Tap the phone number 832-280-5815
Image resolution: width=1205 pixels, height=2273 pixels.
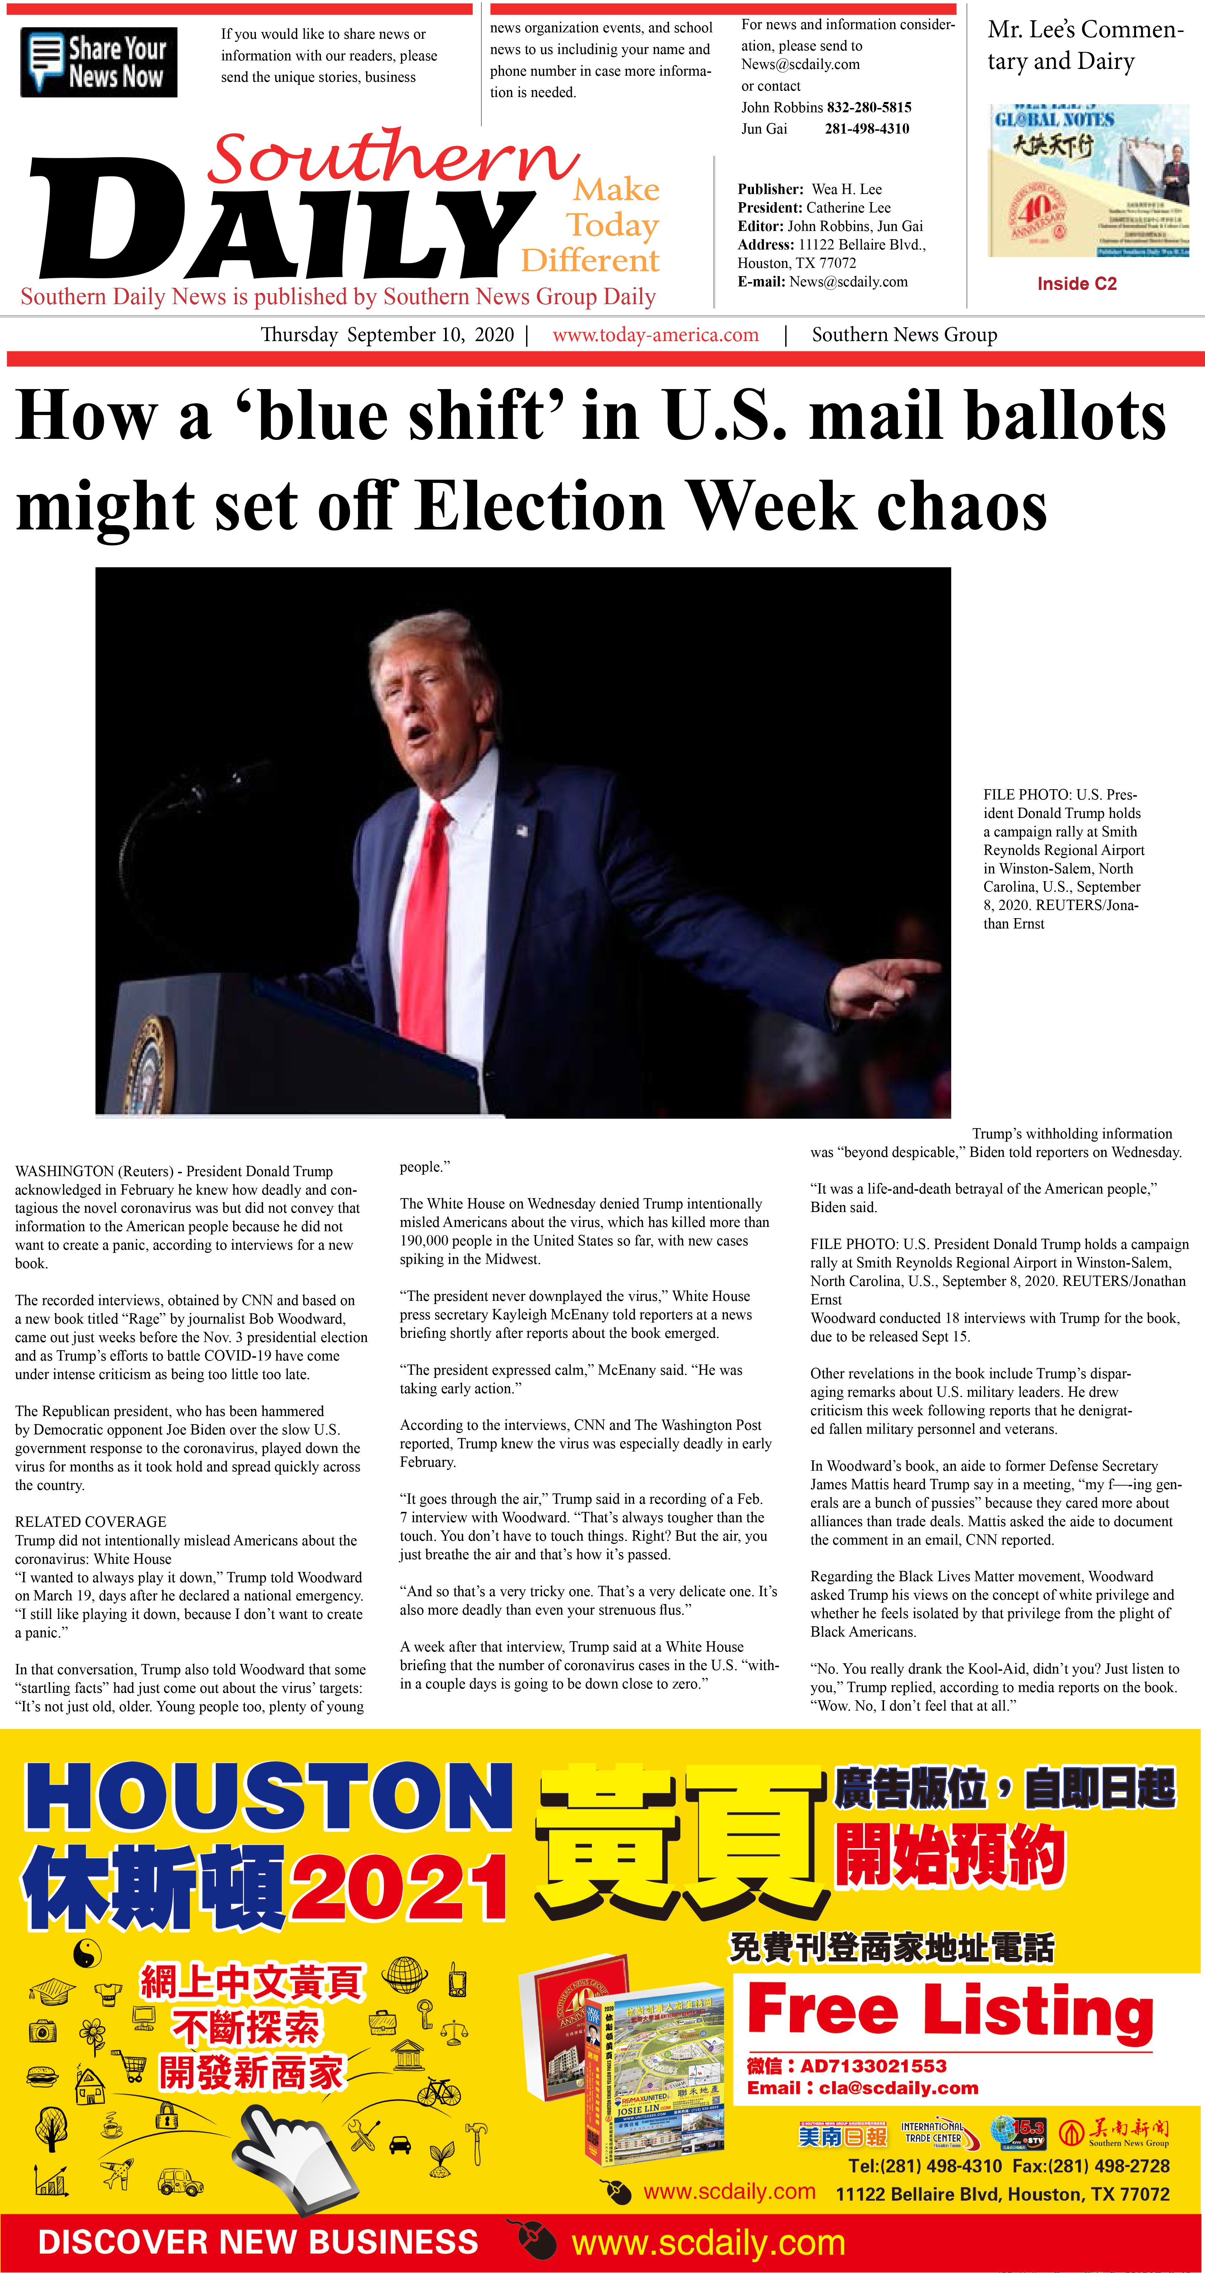pos(869,107)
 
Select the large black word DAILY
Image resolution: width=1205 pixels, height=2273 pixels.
pos(283,221)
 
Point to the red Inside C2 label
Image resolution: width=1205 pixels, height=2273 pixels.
pos(1076,283)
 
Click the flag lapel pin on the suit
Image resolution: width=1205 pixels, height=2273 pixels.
pos(523,829)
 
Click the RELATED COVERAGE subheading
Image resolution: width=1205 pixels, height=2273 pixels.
pos(90,1521)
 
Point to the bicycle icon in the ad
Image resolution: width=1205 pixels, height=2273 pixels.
pos(439,2091)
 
